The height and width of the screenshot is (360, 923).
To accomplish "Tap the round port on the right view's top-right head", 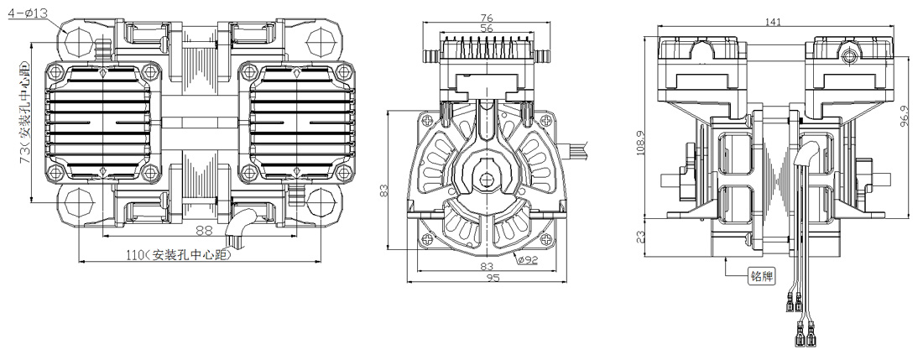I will point(850,55).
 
